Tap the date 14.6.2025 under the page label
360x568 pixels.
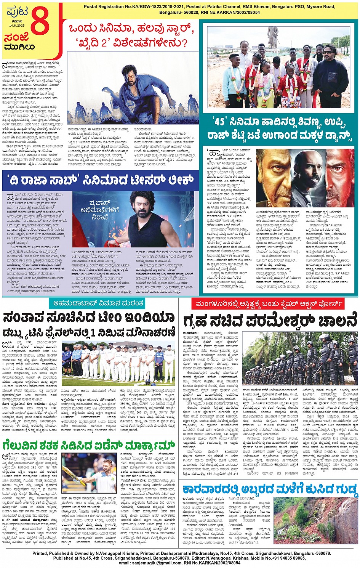(16, 26)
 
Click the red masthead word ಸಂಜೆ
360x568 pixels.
(17, 37)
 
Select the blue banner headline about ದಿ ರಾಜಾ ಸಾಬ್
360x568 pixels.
(101, 180)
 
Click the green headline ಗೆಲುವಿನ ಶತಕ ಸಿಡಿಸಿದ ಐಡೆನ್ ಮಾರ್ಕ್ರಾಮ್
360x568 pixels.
(88, 445)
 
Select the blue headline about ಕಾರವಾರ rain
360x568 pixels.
(270, 489)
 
